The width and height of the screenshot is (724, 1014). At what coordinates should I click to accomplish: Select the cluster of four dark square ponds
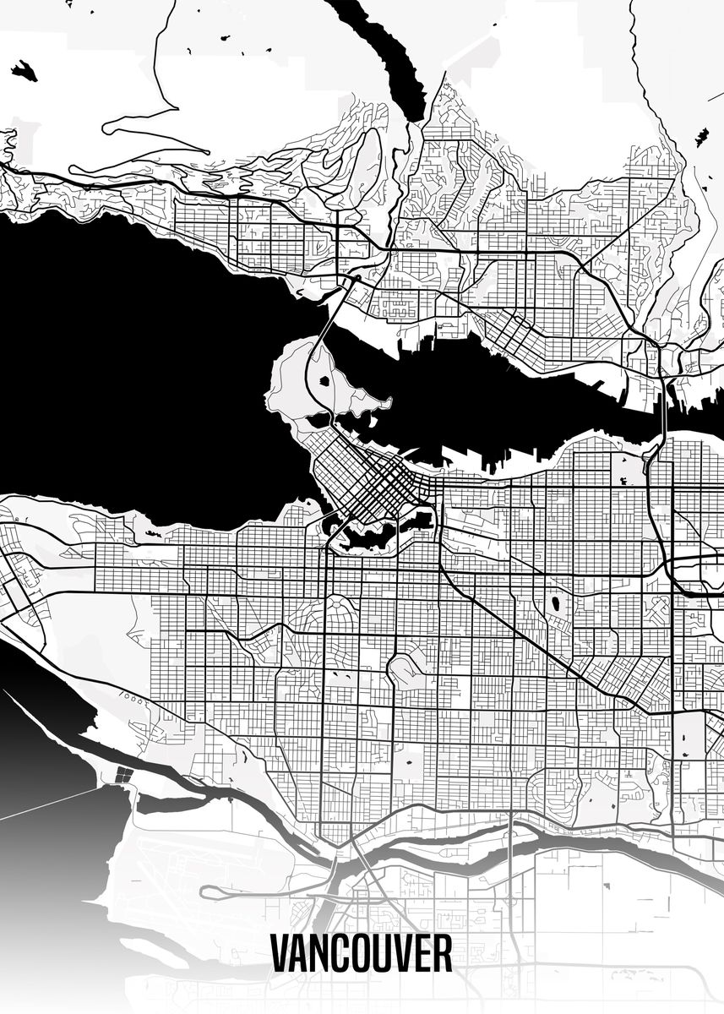123,774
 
